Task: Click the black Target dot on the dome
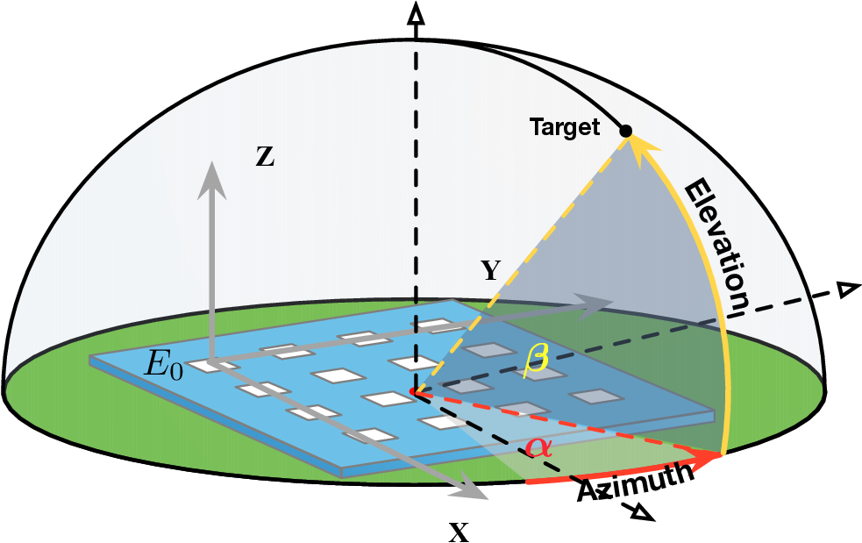click(x=625, y=131)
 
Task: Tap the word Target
click(x=565, y=128)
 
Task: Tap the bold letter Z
click(x=264, y=158)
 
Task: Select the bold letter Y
click(x=490, y=270)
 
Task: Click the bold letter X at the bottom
click(x=458, y=531)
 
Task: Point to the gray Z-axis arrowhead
click(x=211, y=175)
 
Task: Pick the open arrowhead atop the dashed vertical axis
click(x=417, y=13)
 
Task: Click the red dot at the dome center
click(x=416, y=391)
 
